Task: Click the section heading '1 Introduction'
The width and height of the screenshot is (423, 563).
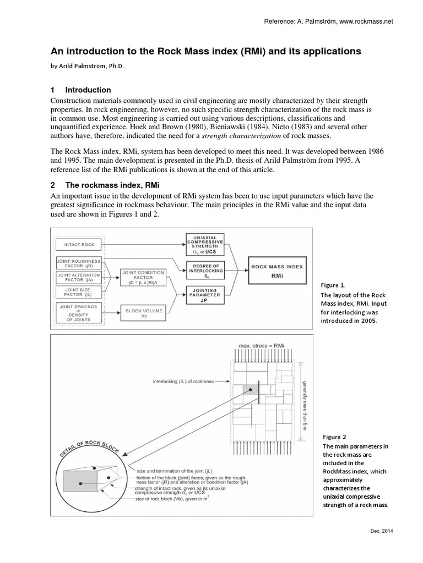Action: click(81, 90)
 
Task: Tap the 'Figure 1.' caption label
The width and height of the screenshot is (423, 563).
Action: click(333, 285)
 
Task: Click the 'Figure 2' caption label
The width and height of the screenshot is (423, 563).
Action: click(333, 437)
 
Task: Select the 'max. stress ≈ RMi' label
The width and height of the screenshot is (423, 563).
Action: click(262, 346)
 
